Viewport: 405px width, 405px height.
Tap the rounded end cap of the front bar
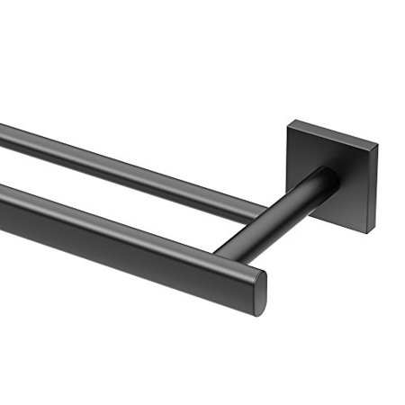coord(258,289)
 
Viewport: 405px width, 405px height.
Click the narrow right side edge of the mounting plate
coord(371,187)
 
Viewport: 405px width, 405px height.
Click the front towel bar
coord(117,235)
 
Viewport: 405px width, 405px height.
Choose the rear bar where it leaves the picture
coord(3,132)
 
